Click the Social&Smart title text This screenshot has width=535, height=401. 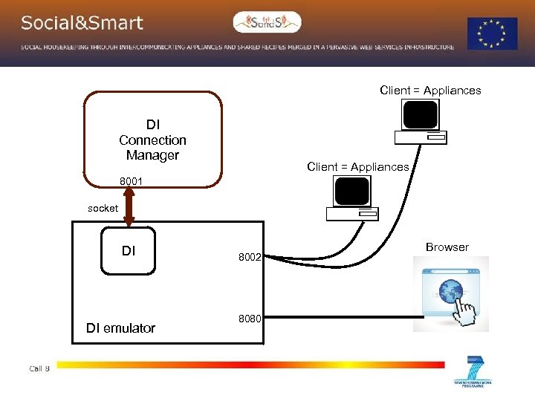82,23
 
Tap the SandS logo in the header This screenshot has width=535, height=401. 267,22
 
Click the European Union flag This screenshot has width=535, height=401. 492,34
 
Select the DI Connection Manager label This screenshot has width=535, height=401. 152,140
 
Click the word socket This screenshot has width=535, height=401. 103,209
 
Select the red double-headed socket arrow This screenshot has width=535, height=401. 129,207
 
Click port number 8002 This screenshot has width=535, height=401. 249,258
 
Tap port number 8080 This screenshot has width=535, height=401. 249,319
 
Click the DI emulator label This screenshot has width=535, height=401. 120,327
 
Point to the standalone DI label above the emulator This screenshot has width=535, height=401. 129,251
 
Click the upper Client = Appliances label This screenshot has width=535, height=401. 430,91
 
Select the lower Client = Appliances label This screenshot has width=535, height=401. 357,167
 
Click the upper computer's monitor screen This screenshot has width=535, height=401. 420,114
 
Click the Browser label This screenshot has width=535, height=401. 447,247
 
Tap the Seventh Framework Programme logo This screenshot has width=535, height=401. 473,372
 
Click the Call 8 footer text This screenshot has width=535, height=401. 39,368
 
